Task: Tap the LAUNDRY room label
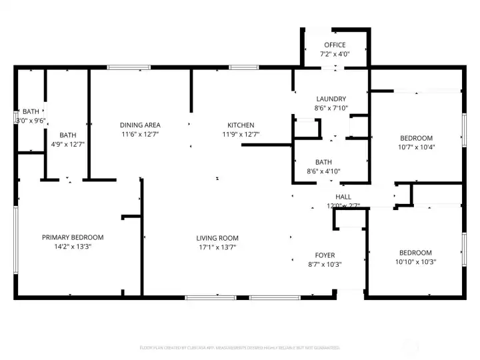coord(331,99)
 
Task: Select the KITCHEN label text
coord(241,125)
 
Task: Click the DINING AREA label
coord(140,125)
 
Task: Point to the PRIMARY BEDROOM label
coord(73,237)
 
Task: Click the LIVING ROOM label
coord(217,238)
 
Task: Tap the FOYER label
coord(325,255)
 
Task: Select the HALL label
coord(343,197)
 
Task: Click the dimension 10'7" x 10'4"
coord(416,147)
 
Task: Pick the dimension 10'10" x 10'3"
coord(415,262)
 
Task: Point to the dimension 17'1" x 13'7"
coord(217,247)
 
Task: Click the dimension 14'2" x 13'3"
coord(73,247)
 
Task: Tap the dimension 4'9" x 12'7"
coord(68,144)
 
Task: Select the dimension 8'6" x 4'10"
coord(324,171)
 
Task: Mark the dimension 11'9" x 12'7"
coord(241,135)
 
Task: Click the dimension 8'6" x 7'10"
coord(331,108)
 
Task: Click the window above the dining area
coord(129,67)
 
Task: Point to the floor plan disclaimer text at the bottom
coord(239,347)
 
